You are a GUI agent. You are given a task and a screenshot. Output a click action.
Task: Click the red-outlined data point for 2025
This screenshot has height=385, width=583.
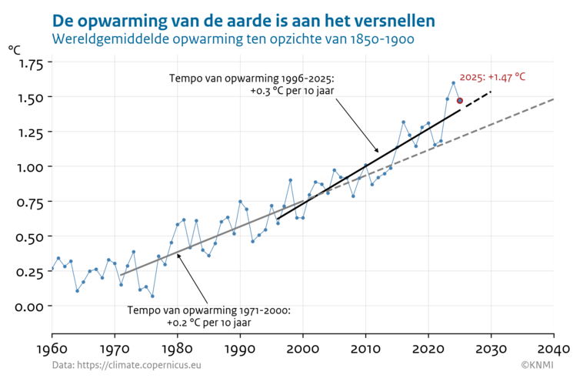point(460,101)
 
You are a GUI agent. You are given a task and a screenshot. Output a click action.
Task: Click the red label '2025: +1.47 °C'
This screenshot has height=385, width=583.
point(492,77)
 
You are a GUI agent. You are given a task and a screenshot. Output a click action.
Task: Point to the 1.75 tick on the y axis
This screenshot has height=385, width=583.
point(30,63)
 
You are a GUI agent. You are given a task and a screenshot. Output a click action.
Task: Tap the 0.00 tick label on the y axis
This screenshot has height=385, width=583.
point(30,306)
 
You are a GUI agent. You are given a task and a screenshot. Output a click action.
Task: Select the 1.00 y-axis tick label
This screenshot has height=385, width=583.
point(30,167)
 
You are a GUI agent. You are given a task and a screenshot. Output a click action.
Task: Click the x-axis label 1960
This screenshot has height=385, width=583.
point(52,347)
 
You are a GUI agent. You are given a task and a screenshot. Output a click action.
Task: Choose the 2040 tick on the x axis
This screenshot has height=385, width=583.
point(554,347)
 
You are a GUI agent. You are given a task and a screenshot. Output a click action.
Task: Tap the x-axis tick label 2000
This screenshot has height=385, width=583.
point(303,347)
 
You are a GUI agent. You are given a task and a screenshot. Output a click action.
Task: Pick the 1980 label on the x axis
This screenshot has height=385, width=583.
point(178,347)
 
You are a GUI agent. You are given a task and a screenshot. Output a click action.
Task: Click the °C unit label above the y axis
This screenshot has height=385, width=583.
point(15,49)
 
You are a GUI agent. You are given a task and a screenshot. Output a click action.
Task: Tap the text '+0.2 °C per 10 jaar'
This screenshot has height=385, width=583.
point(208,323)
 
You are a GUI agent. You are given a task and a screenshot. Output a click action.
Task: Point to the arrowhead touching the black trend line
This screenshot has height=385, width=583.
point(378,151)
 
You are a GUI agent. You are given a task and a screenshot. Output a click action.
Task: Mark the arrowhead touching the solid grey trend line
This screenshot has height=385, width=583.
point(178,255)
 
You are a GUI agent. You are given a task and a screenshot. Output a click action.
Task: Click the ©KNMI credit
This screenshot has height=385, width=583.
point(537,365)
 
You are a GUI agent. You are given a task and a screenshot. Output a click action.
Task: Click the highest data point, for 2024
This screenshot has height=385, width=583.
point(454,83)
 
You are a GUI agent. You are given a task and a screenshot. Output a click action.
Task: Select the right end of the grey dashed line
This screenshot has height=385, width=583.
point(553,99)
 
